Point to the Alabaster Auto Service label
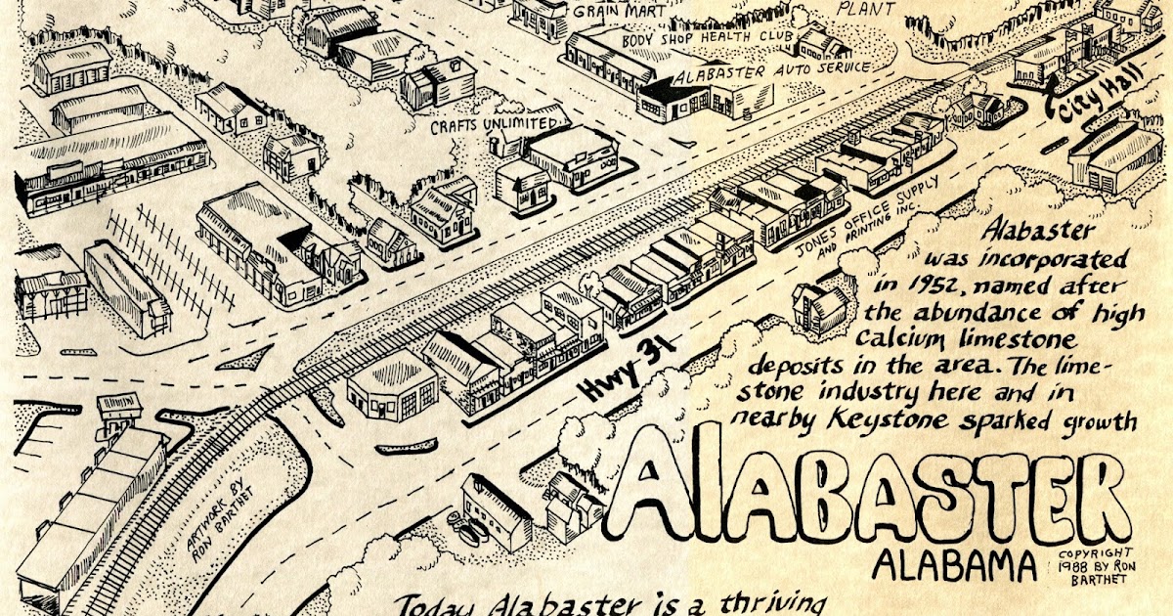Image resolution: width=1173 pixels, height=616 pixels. point(772,67)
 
